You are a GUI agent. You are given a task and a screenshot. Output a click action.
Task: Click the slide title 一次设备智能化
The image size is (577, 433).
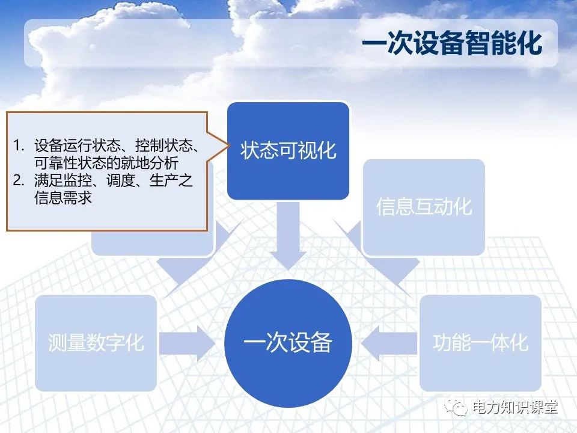[451, 43]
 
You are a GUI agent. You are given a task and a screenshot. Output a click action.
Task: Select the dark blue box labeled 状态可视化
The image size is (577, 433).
[288, 150]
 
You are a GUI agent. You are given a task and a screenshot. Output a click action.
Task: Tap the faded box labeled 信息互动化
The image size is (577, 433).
[424, 207]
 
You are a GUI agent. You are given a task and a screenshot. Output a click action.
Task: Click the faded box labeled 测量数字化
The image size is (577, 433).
[96, 343]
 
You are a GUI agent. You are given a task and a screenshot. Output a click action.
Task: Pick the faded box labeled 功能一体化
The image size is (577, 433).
[480, 343]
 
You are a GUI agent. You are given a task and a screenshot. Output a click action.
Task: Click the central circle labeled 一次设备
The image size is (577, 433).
[288, 343]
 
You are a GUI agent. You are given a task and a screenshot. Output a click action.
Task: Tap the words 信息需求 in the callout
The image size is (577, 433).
[63, 197]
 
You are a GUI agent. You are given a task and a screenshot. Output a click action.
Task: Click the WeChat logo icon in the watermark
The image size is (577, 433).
[456, 407]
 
